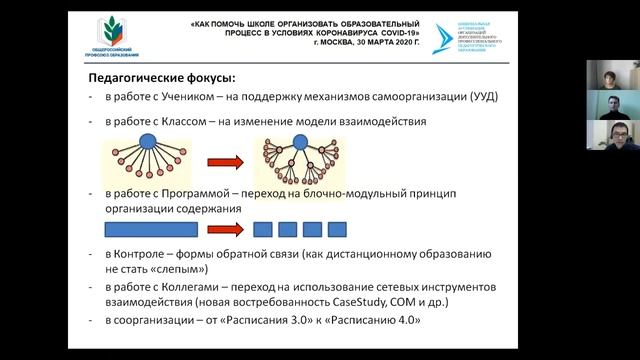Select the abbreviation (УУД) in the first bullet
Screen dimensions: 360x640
click(477, 97)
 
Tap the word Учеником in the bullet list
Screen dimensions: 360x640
click(183, 97)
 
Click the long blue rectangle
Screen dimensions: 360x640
click(150, 228)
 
